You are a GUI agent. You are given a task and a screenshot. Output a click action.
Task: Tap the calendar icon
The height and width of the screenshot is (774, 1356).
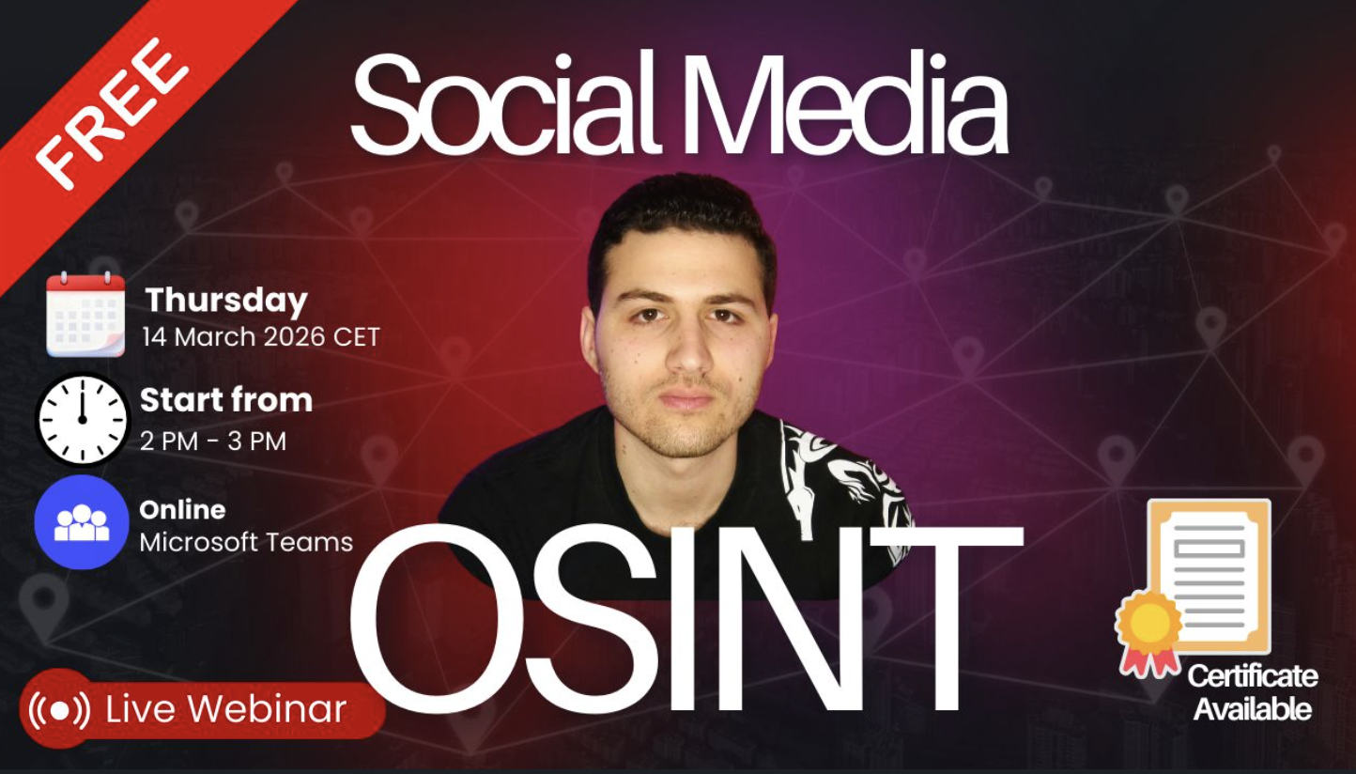pyautogui.click(x=85, y=314)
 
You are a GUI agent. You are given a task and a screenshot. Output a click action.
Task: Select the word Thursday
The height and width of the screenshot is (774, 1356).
pyautogui.click(x=226, y=301)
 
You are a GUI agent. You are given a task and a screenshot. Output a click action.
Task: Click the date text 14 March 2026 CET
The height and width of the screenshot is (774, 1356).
pyautogui.click(x=261, y=337)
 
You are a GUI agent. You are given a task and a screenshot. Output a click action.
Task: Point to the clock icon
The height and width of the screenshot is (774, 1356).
pyautogui.click(x=82, y=419)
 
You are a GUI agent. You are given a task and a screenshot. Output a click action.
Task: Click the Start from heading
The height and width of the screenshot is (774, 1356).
pyautogui.click(x=226, y=401)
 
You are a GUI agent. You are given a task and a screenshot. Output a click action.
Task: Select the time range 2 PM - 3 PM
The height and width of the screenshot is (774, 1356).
pyautogui.click(x=213, y=441)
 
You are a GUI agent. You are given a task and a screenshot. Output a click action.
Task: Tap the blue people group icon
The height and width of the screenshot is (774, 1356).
pyautogui.click(x=82, y=521)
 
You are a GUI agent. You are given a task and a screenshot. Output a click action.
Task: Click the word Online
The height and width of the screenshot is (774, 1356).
pyautogui.click(x=182, y=510)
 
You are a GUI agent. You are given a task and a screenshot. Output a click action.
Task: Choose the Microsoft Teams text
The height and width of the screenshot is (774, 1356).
pyautogui.click(x=246, y=542)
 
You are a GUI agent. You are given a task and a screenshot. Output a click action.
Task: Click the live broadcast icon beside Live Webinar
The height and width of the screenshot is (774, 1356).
pyautogui.click(x=59, y=708)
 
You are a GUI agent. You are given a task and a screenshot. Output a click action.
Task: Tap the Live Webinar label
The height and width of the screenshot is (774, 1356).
pyautogui.click(x=225, y=709)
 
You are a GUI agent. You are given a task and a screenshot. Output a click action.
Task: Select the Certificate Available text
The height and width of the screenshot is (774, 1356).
pyautogui.click(x=1252, y=692)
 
